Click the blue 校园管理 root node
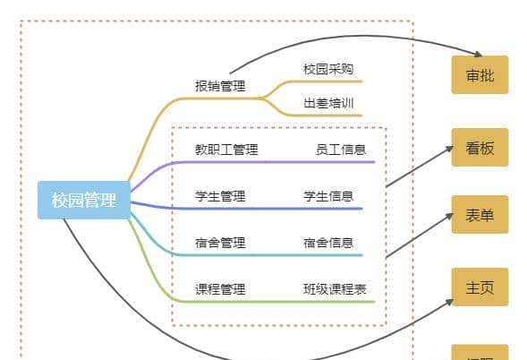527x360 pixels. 84,200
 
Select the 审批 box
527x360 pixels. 480,75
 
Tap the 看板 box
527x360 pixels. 480,148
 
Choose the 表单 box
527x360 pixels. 480,215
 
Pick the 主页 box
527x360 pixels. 480,287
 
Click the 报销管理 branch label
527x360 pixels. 220,87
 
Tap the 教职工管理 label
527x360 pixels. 226,150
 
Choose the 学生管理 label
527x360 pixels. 220,196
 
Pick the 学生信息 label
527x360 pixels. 328,196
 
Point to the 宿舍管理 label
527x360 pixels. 220,243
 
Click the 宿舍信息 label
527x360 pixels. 328,243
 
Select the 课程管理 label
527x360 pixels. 220,289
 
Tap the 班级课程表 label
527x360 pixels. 334,289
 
